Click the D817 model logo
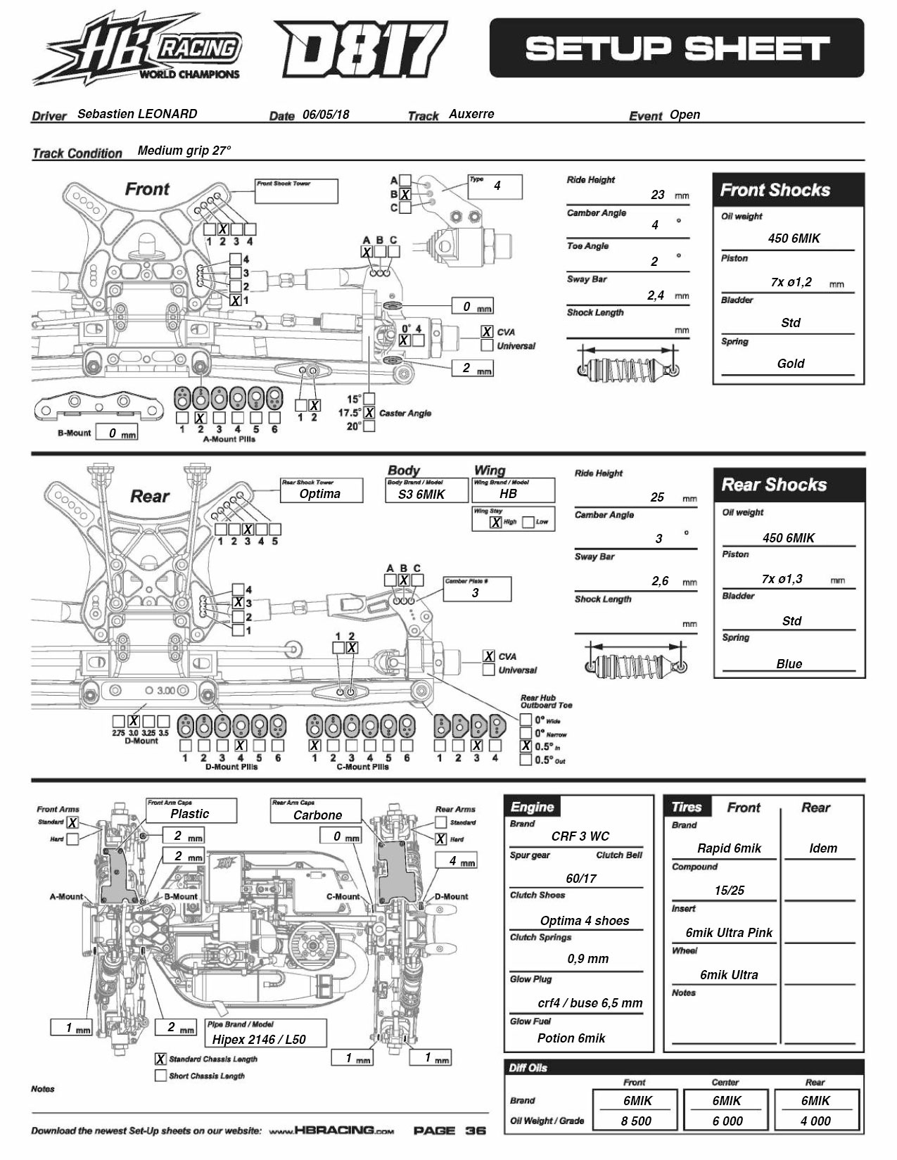(x=360, y=50)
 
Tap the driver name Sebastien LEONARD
(x=137, y=114)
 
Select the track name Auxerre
(x=471, y=114)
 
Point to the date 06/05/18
(x=326, y=115)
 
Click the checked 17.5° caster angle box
(x=369, y=413)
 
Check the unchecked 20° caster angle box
(x=369, y=426)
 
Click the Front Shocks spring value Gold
(x=790, y=364)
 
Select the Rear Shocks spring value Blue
(x=789, y=664)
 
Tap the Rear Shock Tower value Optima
(x=320, y=494)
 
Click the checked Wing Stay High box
(x=496, y=522)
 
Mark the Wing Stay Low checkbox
(x=528, y=522)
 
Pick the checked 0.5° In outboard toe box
(x=526, y=746)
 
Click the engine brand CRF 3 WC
(x=580, y=836)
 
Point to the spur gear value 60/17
(x=581, y=879)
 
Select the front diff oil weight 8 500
(x=636, y=1121)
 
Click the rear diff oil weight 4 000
(x=815, y=1121)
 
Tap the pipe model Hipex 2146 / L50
(x=259, y=1039)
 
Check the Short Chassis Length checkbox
(x=160, y=1076)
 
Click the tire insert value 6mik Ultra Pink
(x=729, y=933)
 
